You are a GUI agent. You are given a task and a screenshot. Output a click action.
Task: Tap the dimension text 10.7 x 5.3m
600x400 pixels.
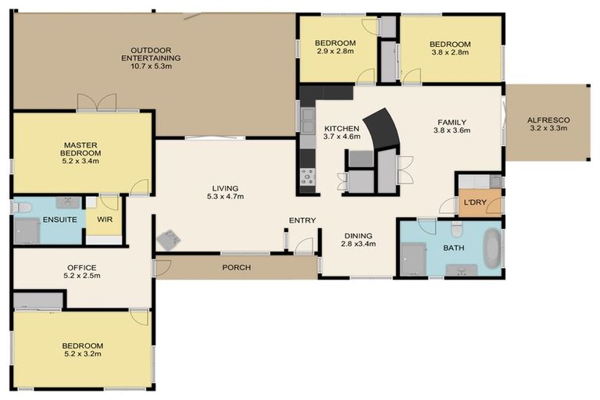pos(151,66)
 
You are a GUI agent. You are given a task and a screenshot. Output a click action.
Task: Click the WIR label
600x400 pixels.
pos(105,220)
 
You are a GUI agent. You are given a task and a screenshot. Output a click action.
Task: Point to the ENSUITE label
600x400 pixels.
pos(59,220)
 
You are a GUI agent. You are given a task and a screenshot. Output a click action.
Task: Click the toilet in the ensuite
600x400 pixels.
pos(21,208)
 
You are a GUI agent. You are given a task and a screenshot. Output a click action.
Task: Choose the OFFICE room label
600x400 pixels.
pos(82,268)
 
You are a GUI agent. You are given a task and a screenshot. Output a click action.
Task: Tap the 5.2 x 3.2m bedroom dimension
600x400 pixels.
pos(83,355)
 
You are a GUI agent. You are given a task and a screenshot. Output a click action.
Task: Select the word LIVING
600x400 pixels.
pos(224,188)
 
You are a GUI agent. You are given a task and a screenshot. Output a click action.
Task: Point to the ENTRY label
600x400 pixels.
pos(302,220)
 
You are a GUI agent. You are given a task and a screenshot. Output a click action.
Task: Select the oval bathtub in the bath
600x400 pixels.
pos(492,248)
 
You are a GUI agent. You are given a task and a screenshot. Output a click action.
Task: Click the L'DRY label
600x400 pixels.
pos(476,202)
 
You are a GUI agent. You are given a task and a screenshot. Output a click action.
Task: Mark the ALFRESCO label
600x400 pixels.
pos(548,120)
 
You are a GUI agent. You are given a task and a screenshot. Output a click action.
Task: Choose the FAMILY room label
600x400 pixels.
pos(452,123)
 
